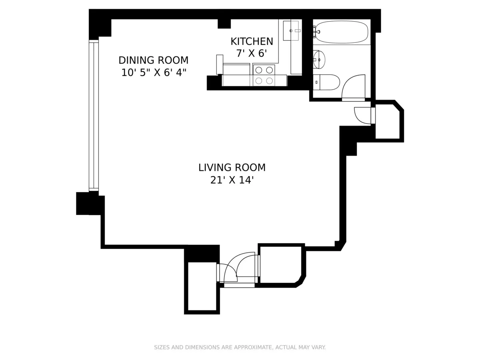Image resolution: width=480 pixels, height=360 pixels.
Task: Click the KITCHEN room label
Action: pos(252,41)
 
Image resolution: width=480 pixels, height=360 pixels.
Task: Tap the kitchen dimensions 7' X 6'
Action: pos(252,53)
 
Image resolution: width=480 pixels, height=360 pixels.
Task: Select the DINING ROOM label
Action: pos(153,60)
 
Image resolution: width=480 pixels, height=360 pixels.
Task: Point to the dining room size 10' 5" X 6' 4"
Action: pos(153,73)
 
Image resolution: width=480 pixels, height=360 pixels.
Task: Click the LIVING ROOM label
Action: pos(232,168)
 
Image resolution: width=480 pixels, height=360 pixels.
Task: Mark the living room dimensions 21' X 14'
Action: pos(232,180)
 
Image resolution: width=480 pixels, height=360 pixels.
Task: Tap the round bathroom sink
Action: pos(319,60)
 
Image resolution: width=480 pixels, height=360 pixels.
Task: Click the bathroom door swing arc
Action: pos(354,86)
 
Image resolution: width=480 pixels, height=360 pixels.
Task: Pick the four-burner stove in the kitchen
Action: pos(264,75)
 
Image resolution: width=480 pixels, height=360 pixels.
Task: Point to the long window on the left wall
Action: pos(94,116)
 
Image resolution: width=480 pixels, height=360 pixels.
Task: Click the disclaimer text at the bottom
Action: pos(240,347)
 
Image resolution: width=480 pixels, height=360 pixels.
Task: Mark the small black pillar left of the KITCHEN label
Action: pos(224,24)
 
